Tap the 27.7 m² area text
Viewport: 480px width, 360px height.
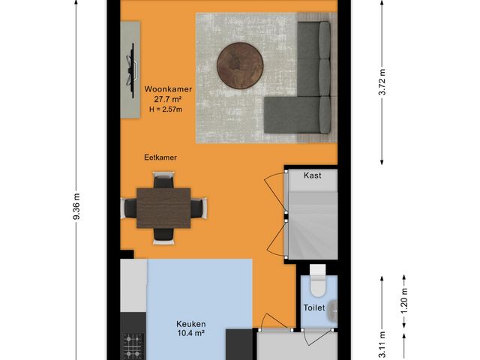pyautogui.click(x=169, y=99)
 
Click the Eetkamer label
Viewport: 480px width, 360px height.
pyautogui.click(x=161, y=158)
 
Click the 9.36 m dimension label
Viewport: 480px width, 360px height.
pyautogui.click(x=76, y=205)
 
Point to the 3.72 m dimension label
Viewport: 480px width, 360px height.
pyautogui.click(x=382, y=83)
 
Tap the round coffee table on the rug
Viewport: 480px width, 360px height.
pyautogui.click(x=241, y=66)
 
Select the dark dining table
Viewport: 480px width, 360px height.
pyautogui.click(x=163, y=207)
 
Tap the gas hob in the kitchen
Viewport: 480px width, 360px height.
pyautogui.click(x=132, y=346)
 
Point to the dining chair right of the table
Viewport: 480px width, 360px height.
pyautogui.click(x=199, y=207)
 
